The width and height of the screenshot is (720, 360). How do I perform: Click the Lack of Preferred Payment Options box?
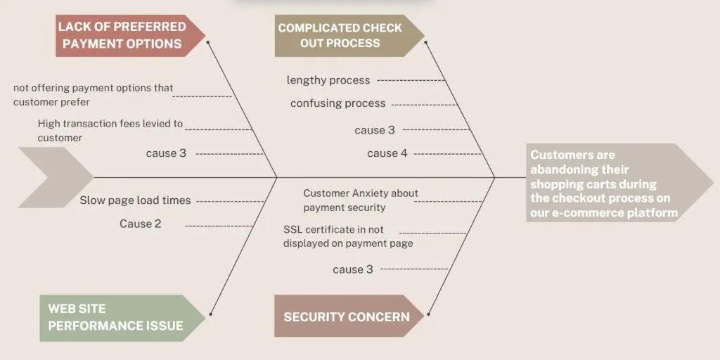coord(130,35)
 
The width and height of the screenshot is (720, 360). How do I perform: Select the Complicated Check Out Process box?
coord(349,35)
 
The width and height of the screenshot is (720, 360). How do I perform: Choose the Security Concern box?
coord(349,316)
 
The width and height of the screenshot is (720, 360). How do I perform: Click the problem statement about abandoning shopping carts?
coord(604,184)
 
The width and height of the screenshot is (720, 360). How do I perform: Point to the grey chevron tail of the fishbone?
coord(55,177)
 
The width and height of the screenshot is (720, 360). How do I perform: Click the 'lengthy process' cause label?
coord(328,80)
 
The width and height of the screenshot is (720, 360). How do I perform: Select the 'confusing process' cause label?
coord(338,103)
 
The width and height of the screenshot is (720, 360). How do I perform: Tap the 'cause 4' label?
coord(387,153)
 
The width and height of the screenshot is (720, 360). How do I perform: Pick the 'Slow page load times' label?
coord(135,200)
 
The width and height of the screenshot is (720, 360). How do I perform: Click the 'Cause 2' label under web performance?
coord(141,224)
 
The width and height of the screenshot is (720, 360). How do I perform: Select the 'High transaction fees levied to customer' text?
coord(110,130)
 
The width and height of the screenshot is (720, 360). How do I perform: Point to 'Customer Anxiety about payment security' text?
coord(361,200)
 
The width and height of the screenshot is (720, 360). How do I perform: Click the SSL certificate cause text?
coord(348,236)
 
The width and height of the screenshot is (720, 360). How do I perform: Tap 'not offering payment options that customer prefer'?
coord(94,95)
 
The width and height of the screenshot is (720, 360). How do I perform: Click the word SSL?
coord(292,229)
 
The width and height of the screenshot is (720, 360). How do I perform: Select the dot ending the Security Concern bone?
coord(428,314)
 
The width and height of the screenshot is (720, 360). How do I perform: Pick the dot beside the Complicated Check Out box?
coord(425,42)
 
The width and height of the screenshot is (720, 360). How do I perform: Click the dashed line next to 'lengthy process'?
coord(411,80)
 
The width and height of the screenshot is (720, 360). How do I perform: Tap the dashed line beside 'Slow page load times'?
coord(230,201)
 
